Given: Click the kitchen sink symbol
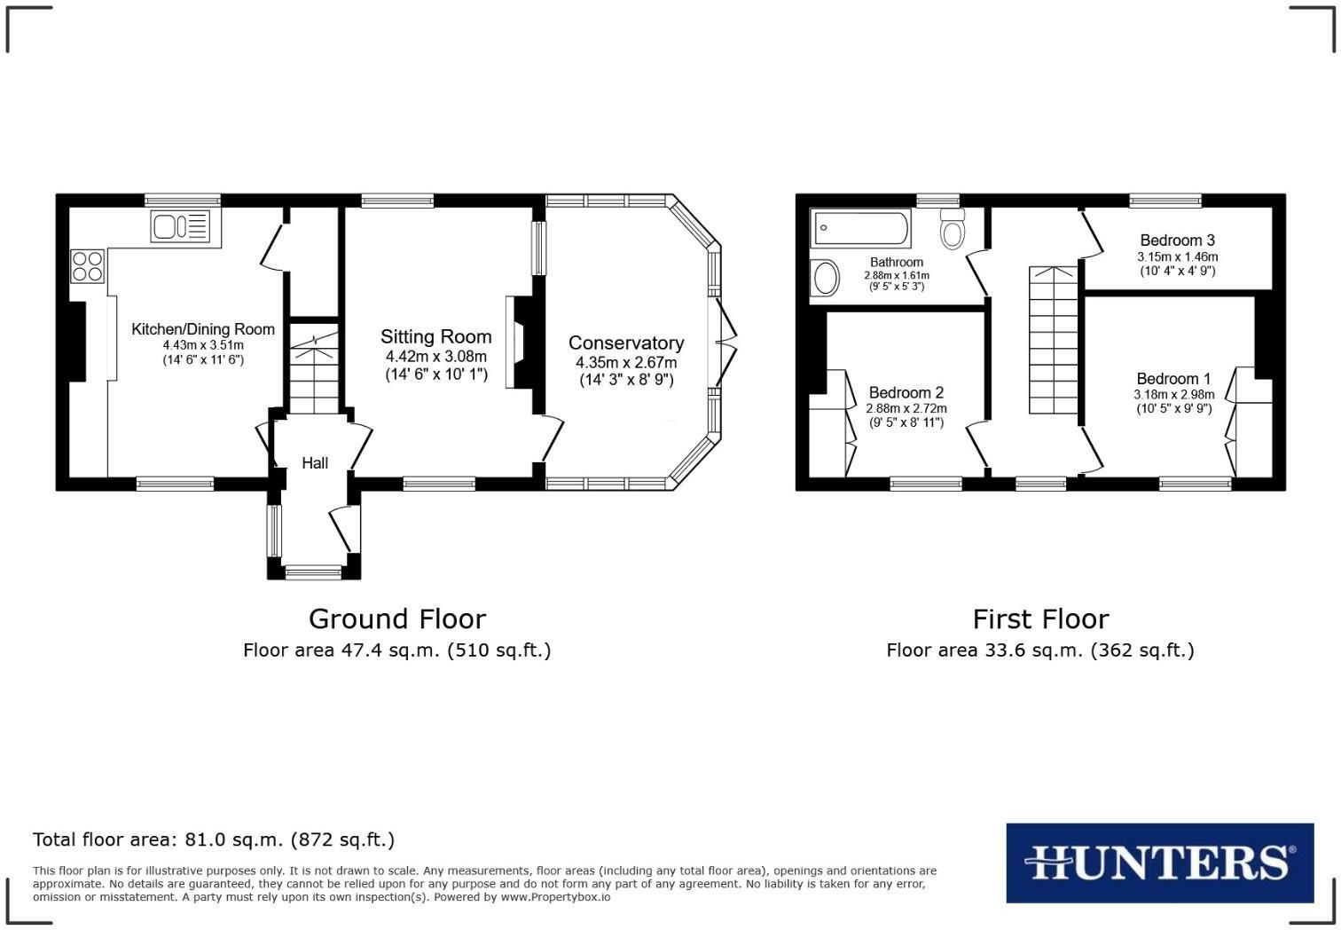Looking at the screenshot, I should pos(181,226).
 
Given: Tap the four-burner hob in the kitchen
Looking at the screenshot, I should pos(87,266).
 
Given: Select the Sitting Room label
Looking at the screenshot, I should pos(435,337).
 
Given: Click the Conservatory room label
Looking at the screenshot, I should pos(625,343).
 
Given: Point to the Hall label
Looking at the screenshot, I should pos(315,463).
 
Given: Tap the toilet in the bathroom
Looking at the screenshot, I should pos(953,229).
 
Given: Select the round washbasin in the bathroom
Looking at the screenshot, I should pos(825,278).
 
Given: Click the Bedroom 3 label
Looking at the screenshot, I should pos(1177,240).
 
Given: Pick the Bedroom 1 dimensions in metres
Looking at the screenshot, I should pos(1173,395).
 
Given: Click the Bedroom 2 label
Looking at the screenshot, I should pos(906,393).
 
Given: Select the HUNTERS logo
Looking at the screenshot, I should pos(1159,863).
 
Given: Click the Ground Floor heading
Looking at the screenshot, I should pos(396,619).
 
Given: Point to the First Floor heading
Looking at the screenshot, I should pos(1040,619).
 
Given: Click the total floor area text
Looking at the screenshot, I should pos(214,839).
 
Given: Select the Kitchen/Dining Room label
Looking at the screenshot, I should pos(203,329).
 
